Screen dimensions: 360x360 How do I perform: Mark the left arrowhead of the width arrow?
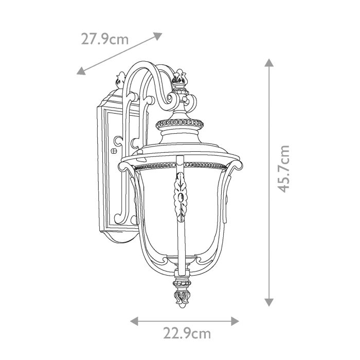coord(133,321)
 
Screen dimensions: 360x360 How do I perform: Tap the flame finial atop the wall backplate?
coord(121,80)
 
